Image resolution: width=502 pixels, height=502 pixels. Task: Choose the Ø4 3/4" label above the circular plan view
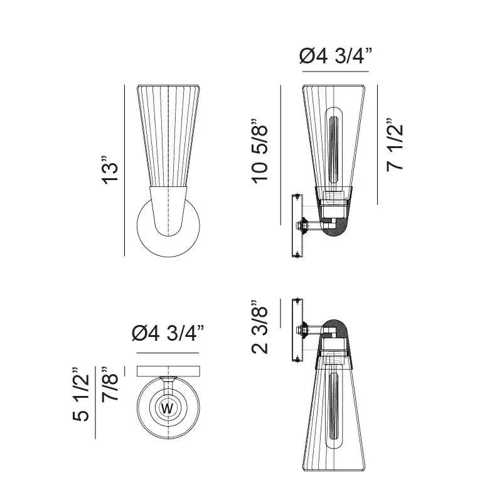pyautogui.click(x=168, y=333)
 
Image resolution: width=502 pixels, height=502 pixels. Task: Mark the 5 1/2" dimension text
pyautogui.click(x=82, y=393)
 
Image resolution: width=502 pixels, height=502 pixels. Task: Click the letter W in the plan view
pyautogui.click(x=168, y=409)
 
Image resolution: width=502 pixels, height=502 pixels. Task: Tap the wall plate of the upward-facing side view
pyautogui.click(x=296, y=226)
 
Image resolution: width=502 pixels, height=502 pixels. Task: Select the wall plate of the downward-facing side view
pyautogui.click(x=296, y=329)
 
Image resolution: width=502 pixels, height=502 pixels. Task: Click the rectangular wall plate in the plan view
pyautogui.click(x=168, y=371)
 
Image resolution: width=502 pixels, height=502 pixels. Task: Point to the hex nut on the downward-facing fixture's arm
pyautogui.click(x=304, y=329)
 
